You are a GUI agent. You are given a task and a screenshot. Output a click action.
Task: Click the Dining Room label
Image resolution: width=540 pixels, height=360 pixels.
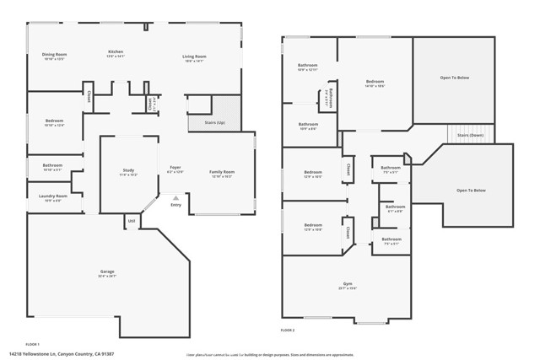pos(54,55)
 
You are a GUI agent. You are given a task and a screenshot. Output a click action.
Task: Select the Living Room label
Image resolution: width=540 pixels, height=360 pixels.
pos(194,56)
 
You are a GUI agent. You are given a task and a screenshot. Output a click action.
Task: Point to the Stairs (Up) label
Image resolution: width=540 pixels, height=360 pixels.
pos(215,122)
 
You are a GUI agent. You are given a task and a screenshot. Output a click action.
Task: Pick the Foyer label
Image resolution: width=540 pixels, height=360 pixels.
pos(175,168)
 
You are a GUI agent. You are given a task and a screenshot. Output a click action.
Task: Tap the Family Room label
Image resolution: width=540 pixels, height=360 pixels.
pos(222,172)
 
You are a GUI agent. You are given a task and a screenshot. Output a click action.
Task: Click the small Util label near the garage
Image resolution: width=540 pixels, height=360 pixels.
pos(132,221)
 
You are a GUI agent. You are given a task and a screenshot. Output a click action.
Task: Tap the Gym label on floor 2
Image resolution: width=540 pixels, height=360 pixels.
pos(348,283)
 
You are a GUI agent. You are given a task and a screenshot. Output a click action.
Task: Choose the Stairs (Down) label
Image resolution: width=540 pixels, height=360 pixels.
pos(470,135)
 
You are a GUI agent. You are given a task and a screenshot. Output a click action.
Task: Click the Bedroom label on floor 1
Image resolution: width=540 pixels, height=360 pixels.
pos(52,121)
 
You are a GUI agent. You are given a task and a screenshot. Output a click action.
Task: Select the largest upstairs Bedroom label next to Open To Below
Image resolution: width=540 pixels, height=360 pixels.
pos(375,82)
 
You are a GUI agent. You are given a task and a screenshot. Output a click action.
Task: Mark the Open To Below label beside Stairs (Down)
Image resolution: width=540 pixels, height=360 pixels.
pos(471,191)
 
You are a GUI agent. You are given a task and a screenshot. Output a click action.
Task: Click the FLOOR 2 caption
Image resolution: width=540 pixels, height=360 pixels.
pos(289,330)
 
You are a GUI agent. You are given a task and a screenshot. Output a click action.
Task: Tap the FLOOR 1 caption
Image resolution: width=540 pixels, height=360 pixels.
pos(32,344)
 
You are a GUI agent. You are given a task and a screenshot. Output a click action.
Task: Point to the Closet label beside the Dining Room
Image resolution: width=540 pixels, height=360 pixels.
pos(88,95)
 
